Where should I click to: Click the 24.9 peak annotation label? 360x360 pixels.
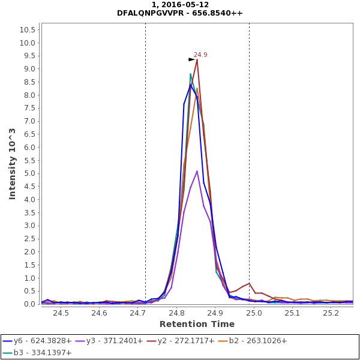[200, 55]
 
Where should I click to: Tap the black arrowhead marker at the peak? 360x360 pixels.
[191, 59]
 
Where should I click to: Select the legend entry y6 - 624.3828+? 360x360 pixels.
[37, 341]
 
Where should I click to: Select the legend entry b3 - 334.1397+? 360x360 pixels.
[37, 353]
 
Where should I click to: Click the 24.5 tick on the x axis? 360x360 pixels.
[61, 313]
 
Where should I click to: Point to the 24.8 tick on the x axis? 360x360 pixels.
[176, 313]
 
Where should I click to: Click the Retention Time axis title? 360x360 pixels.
[197, 324]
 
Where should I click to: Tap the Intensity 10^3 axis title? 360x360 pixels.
[12, 163]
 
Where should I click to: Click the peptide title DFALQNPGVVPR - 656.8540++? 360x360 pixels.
[180, 13]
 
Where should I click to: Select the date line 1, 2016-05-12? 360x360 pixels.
[180, 4]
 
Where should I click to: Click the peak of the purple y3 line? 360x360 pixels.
[197, 171]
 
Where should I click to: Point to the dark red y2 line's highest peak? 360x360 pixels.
[197, 59]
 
